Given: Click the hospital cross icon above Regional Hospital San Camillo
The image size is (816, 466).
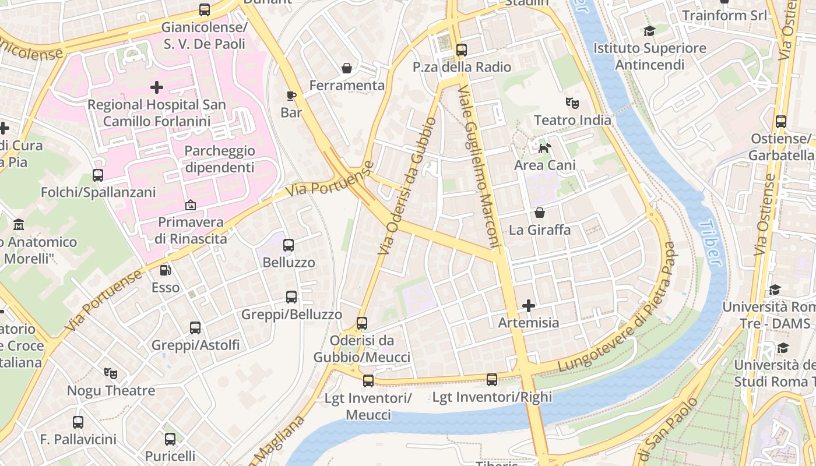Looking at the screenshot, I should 156,87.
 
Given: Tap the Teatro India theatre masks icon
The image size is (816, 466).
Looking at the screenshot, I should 572,103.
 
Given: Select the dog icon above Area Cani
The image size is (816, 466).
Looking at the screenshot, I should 544,148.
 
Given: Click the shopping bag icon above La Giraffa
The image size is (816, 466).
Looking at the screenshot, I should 540,213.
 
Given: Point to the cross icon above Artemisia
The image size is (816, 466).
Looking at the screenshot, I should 529,305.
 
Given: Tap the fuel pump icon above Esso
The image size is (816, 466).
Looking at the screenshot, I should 166,270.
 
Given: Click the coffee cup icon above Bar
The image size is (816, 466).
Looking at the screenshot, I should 291,95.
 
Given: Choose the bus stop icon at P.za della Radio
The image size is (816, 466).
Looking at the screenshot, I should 462,50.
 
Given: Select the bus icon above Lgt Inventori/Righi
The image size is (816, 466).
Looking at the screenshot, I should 492,380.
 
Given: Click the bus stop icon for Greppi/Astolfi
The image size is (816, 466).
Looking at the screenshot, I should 195,328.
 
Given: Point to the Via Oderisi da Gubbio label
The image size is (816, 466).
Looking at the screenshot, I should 406,186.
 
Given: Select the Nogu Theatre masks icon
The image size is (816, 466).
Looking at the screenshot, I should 111,373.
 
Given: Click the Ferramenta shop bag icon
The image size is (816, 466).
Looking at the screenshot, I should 347,68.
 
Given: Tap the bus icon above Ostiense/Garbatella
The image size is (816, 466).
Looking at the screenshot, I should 781,122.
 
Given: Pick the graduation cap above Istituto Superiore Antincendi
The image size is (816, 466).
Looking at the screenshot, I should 649,31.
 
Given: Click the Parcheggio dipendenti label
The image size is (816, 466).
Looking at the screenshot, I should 219,159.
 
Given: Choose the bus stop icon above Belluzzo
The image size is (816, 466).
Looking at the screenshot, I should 289,245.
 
